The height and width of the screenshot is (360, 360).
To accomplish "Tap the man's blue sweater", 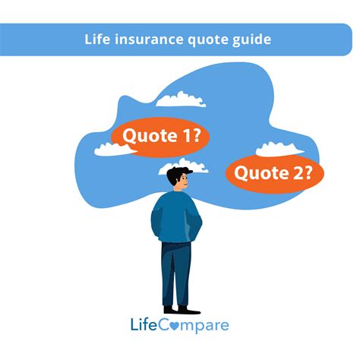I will [176, 216].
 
